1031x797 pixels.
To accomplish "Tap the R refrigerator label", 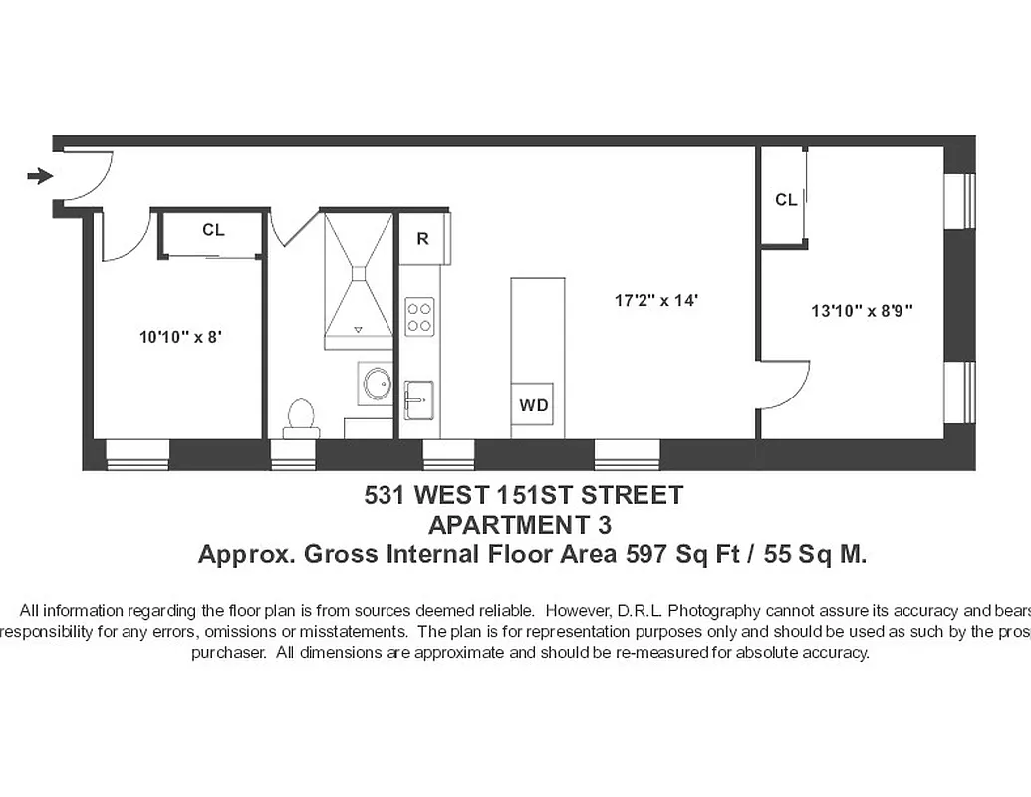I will tap(423, 239).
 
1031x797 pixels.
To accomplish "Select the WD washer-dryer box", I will tap(533, 405).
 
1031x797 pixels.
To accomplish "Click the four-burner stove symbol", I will tap(419, 317).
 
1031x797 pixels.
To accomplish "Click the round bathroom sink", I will tap(378, 384).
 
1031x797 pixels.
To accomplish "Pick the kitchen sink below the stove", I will tap(419, 399).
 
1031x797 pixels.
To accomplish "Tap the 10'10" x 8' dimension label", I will tap(179, 337).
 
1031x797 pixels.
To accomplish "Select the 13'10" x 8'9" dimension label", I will tap(862, 311).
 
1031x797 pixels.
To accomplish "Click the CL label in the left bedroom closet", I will tap(213, 230).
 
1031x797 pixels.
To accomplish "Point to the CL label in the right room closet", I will tap(786, 200).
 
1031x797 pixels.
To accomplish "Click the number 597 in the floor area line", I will tap(644, 555).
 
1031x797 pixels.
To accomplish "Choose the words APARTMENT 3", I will tap(519, 524).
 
